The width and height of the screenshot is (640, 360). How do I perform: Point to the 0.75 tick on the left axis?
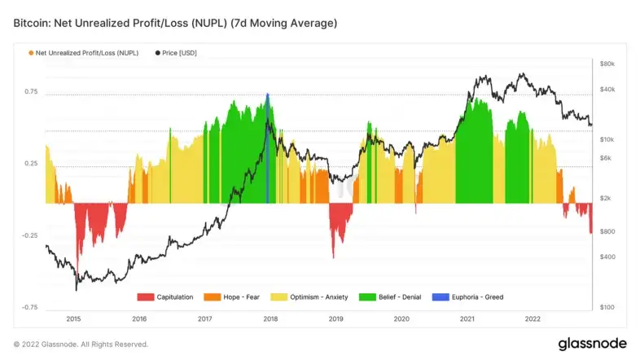(30, 92)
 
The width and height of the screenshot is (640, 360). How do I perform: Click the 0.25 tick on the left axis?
(30, 164)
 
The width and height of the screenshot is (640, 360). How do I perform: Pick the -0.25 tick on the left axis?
(28, 235)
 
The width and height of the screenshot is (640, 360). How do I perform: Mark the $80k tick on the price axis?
(607, 64)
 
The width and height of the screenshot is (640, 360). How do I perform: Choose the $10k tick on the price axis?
(607, 140)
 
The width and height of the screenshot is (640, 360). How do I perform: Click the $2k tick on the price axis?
(605, 198)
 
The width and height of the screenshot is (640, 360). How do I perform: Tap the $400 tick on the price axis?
(607, 257)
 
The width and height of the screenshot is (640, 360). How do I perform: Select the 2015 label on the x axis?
(73, 319)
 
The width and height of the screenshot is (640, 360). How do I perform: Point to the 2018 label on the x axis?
(270, 319)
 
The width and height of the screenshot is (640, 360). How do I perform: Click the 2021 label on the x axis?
(467, 319)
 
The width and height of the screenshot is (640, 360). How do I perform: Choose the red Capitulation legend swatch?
(145, 297)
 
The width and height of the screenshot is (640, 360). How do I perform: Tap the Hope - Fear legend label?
(241, 297)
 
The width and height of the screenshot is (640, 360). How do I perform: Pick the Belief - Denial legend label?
(401, 297)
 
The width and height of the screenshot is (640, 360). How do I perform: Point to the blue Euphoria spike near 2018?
(268, 147)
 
